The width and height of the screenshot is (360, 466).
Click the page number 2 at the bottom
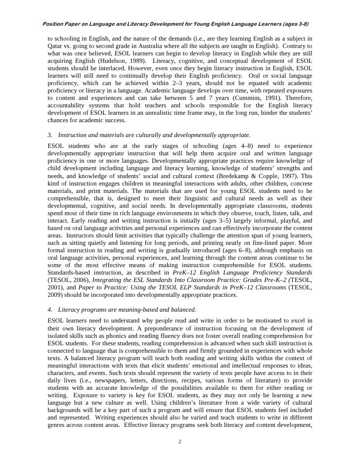pyautogui.click(x=180, y=441)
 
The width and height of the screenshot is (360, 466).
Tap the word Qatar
pyautogui.click(x=56, y=46)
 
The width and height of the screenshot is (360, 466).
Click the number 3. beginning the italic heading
pyautogui.click(x=50, y=135)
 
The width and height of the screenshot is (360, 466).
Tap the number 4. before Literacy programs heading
pyautogui.click(x=50, y=310)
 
